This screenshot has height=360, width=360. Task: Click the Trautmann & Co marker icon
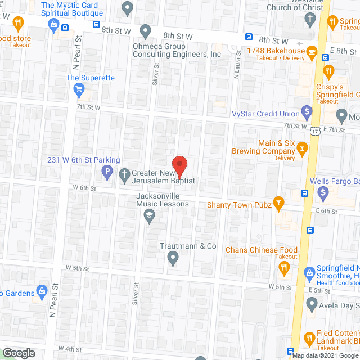(x=173, y=258)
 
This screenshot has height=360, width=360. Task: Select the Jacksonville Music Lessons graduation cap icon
(x=150, y=215)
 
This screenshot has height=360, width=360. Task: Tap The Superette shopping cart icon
(x=79, y=89)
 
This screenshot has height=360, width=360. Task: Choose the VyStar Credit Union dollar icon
(x=307, y=111)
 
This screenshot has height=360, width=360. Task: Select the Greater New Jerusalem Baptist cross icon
(x=125, y=173)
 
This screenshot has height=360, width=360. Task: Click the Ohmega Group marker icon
(x=146, y=30)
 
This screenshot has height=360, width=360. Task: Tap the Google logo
(x=18, y=353)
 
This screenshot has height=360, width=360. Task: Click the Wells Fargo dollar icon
(x=323, y=193)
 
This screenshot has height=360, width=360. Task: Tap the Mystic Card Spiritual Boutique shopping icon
(x=53, y=24)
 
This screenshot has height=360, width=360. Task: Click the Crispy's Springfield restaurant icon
(x=328, y=70)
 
